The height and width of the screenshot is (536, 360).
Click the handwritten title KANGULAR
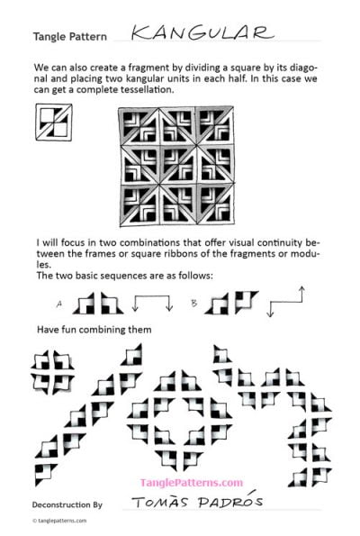(200, 33)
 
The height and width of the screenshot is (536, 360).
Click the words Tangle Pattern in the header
(70, 38)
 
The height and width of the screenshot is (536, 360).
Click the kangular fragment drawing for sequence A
(93, 302)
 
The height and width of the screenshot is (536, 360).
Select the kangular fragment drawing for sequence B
(233, 302)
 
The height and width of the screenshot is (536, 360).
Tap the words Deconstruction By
(67, 506)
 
